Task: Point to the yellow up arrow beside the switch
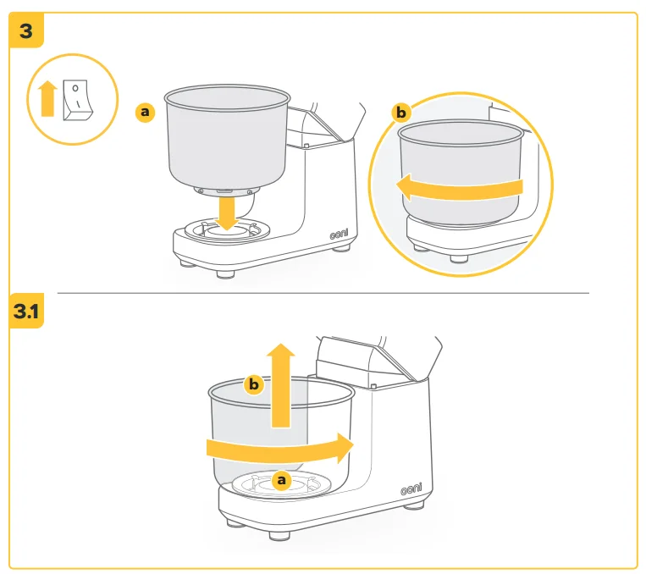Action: click(47, 97)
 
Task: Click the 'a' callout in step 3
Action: click(146, 111)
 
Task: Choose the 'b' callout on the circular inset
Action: click(401, 112)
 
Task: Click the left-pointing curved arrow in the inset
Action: click(457, 186)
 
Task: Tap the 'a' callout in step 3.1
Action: click(282, 480)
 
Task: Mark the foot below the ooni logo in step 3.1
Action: click(413, 505)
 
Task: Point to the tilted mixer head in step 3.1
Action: click(373, 356)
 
